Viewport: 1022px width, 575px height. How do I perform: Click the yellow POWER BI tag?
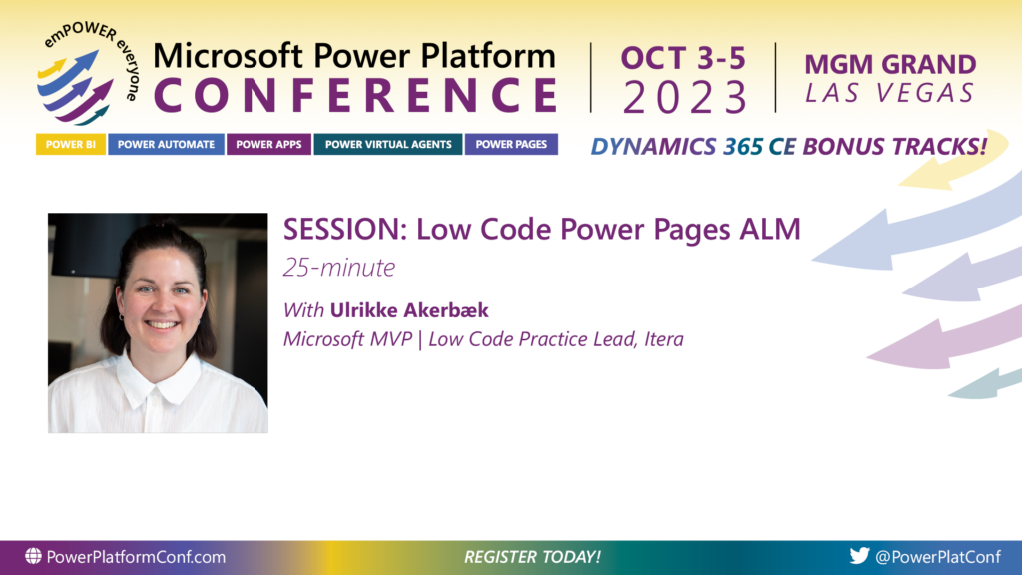click(x=71, y=144)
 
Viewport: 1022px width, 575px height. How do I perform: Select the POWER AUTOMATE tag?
click(x=166, y=144)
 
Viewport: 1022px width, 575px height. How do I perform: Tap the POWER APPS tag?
click(x=268, y=144)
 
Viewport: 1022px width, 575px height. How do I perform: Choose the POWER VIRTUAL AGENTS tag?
click(x=388, y=144)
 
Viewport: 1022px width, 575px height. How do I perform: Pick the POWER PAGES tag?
click(x=511, y=144)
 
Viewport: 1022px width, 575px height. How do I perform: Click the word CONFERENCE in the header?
click(x=356, y=95)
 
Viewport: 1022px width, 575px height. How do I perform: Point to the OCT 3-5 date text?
click(x=683, y=58)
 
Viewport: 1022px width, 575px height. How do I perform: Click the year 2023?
click(x=684, y=97)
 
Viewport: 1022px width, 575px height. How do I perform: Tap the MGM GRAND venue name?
click(x=890, y=64)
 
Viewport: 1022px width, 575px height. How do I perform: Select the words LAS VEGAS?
click(x=890, y=93)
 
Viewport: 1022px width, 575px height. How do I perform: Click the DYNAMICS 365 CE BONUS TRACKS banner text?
click(x=788, y=146)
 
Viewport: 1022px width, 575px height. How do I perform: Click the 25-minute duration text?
click(x=339, y=268)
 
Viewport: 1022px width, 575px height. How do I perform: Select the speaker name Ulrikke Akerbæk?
click(x=409, y=310)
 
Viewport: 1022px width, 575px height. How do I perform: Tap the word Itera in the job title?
click(x=664, y=339)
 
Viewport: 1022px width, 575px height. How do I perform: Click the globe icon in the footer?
click(x=33, y=556)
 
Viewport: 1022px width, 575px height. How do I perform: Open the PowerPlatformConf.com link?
click(x=136, y=557)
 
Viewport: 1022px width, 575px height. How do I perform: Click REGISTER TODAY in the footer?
click(x=532, y=557)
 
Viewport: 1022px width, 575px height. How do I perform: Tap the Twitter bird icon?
click(x=859, y=555)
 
